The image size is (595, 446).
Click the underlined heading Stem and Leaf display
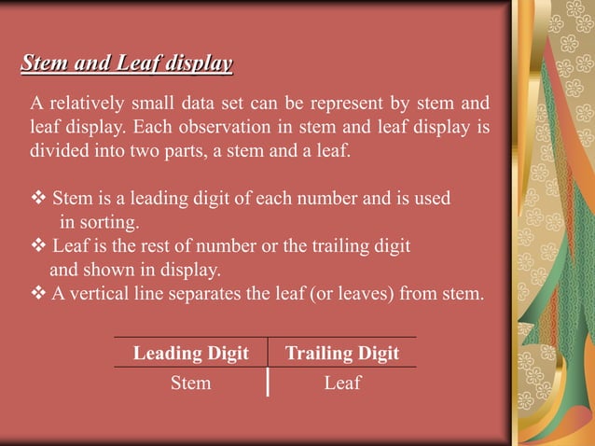[x=126, y=64]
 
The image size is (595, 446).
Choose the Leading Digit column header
[x=190, y=353]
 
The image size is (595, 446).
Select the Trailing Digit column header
[x=341, y=353]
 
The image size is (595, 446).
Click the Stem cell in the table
[x=190, y=383]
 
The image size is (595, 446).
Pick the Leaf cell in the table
[x=341, y=383]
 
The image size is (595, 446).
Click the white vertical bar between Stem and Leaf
[x=268, y=383]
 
